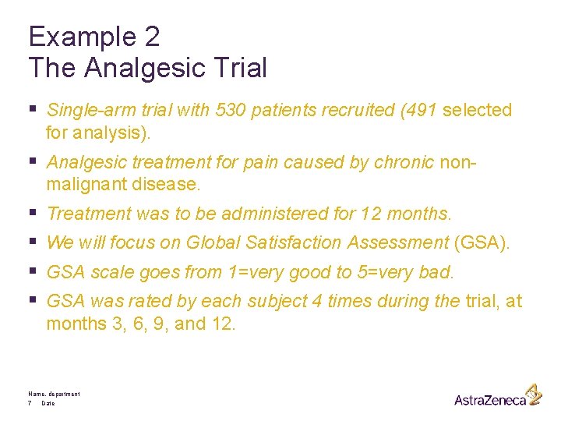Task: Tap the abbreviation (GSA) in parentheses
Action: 482,243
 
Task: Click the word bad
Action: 438,273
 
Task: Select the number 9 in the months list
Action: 159,324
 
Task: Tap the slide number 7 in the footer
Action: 30,403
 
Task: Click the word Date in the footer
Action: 48,403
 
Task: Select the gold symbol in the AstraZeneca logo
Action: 533,394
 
